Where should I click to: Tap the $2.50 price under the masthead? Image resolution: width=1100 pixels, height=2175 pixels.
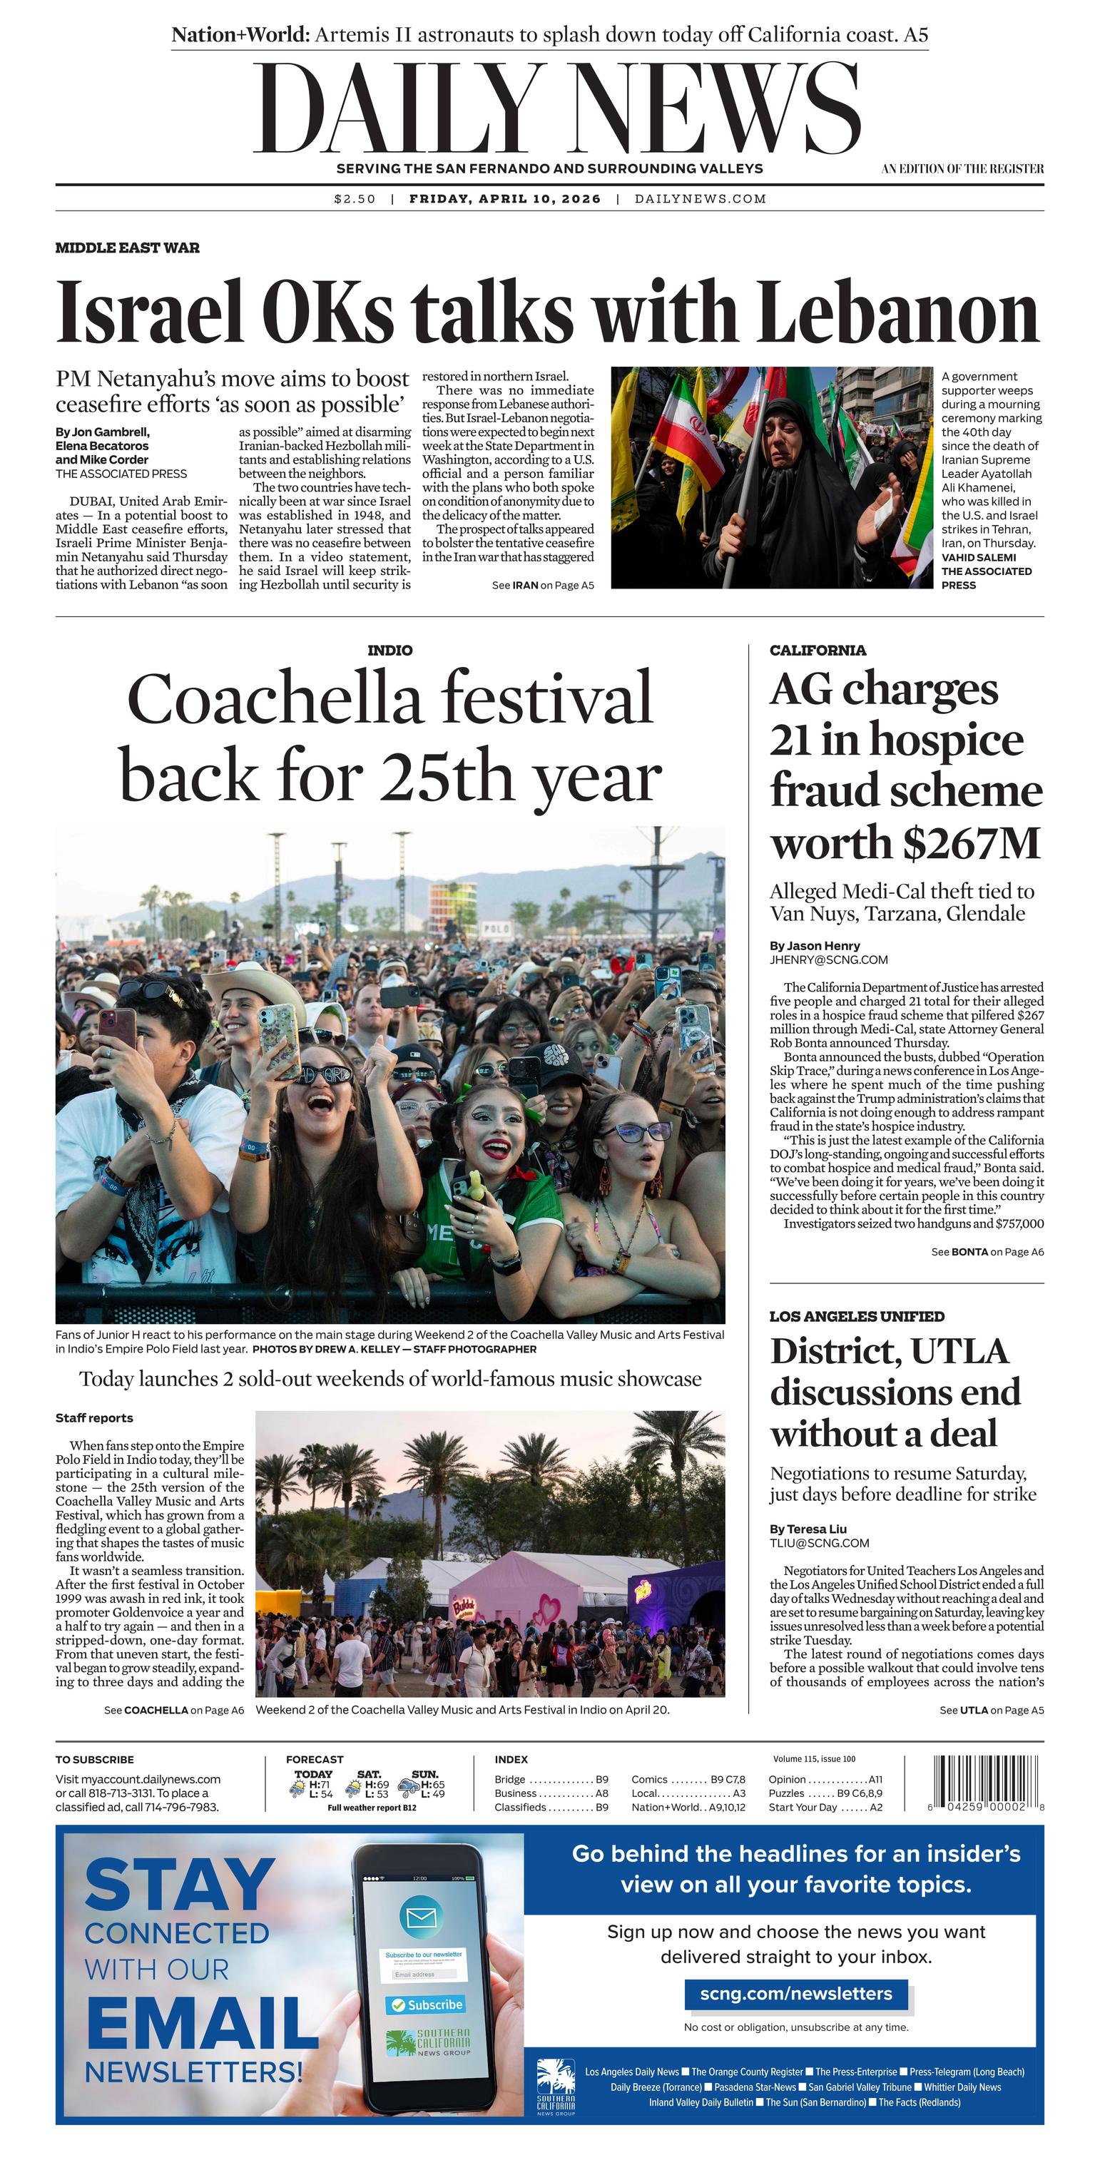coord(355,199)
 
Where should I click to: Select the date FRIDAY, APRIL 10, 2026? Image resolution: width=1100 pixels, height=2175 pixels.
coord(505,199)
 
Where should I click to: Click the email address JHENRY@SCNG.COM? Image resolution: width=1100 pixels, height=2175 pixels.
coord(828,960)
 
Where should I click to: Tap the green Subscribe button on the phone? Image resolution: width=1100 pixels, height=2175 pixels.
coord(425,2005)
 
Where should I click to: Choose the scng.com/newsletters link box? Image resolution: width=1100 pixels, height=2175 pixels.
coord(795,1994)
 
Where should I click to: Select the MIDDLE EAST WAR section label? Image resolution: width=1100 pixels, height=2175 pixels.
coord(128,248)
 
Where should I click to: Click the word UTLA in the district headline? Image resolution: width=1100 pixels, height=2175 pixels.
coord(960,1352)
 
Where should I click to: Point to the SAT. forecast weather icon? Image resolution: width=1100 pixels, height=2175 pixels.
coord(353,1788)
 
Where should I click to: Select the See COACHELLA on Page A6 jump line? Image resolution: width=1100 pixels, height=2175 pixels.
coord(174,1711)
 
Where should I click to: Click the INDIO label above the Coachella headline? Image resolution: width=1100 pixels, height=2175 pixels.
coord(390,650)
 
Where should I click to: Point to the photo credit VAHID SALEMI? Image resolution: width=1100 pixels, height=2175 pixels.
coord(979,557)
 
